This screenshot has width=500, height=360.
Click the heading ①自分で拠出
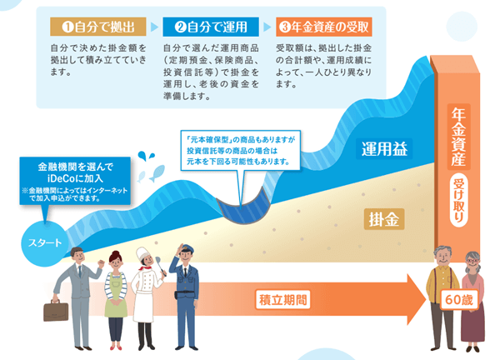pyautogui.click(x=98, y=27)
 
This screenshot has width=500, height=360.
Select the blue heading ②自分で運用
pyautogui.click(x=211, y=27)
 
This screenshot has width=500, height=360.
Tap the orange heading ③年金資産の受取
pyautogui.click(x=324, y=27)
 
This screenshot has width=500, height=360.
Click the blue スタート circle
pyautogui.click(x=44, y=243)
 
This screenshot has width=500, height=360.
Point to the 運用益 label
pyautogui.click(x=384, y=149)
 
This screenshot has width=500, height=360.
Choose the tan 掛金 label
pyautogui.click(x=384, y=219)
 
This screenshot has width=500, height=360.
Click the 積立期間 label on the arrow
pyautogui.click(x=282, y=300)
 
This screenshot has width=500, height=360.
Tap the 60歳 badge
pyautogui.click(x=459, y=300)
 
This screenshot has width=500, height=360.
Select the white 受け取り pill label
pyautogui.click(x=458, y=200)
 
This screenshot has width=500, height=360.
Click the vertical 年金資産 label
pyautogui.click(x=458, y=137)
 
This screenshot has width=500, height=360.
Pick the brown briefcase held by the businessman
pyautogui.click(x=56, y=311)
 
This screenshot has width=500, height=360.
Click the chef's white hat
pyautogui.click(x=142, y=254)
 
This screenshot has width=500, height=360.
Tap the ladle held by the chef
pyautogui.click(x=161, y=267)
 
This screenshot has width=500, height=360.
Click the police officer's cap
pyautogui.click(x=187, y=249)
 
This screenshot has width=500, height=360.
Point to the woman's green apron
pyautogui.click(x=116, y=295)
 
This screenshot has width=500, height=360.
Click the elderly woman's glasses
pyautogui.click(x=472, y=261)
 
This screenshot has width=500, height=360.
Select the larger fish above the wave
pyautogui.click(x=157, y=173)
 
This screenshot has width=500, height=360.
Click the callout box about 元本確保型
pyautogui.click(x=241, y=150)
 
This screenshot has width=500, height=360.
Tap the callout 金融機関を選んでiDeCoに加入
pyautogui.click(x=75, y=181)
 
